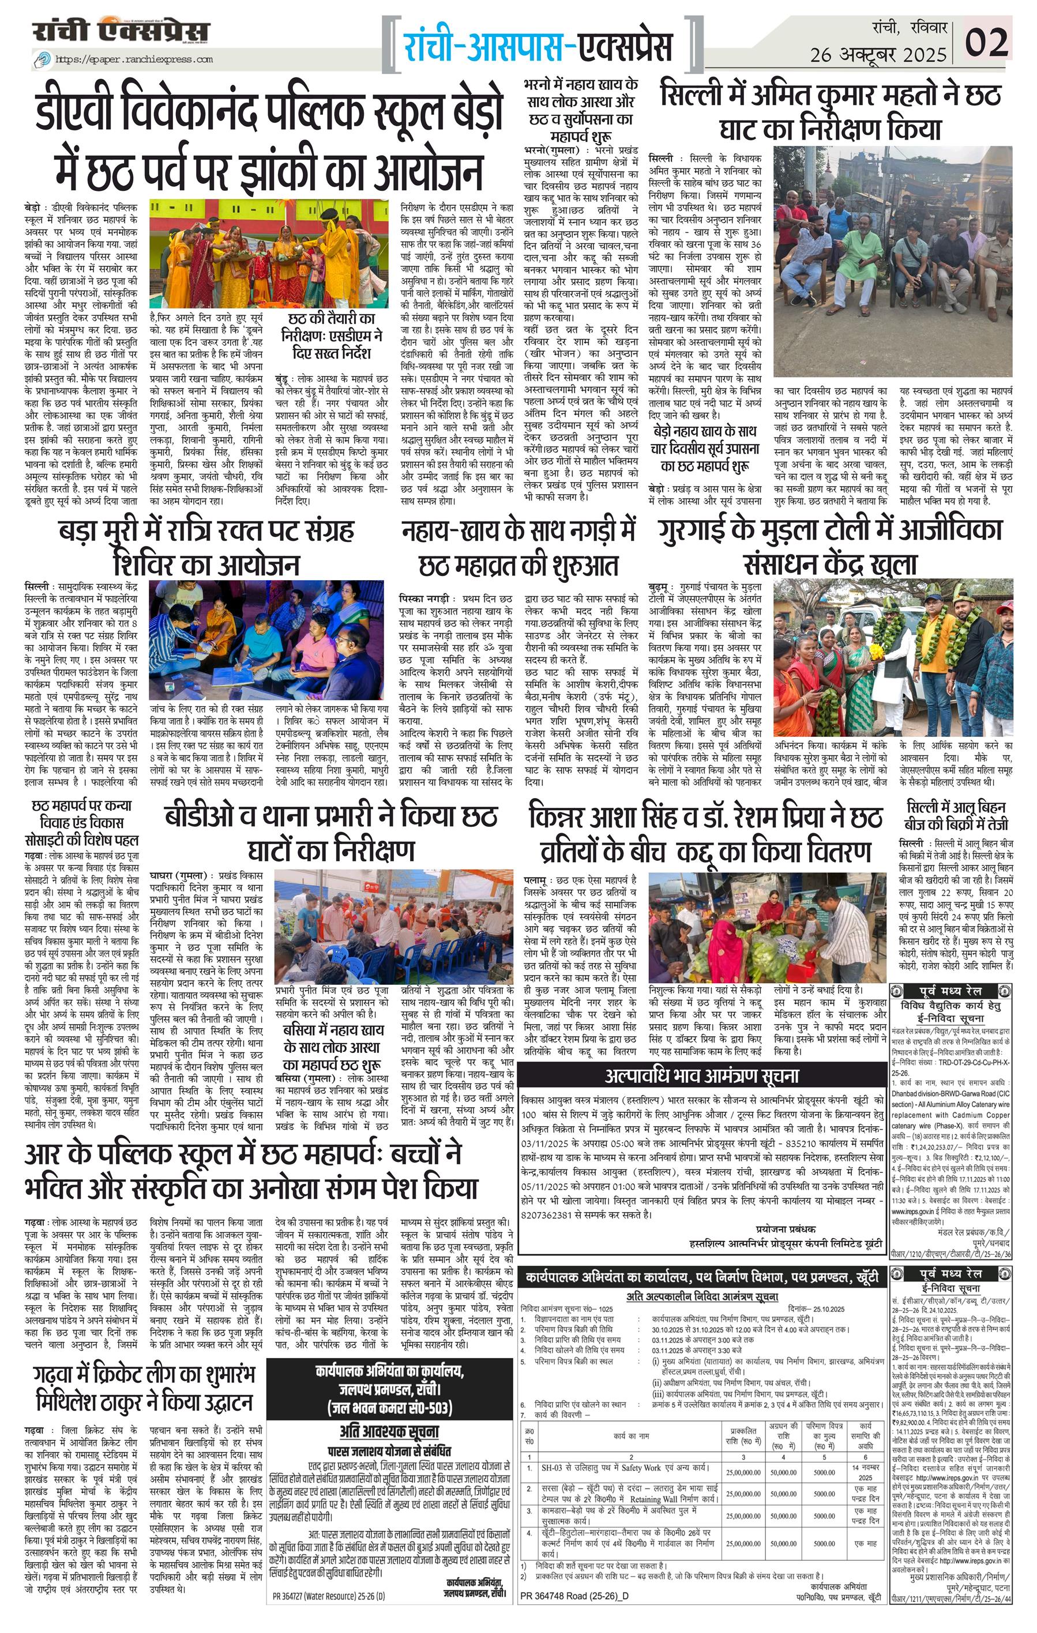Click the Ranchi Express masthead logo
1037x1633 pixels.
(121, 32)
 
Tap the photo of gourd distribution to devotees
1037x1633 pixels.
(767, 927)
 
